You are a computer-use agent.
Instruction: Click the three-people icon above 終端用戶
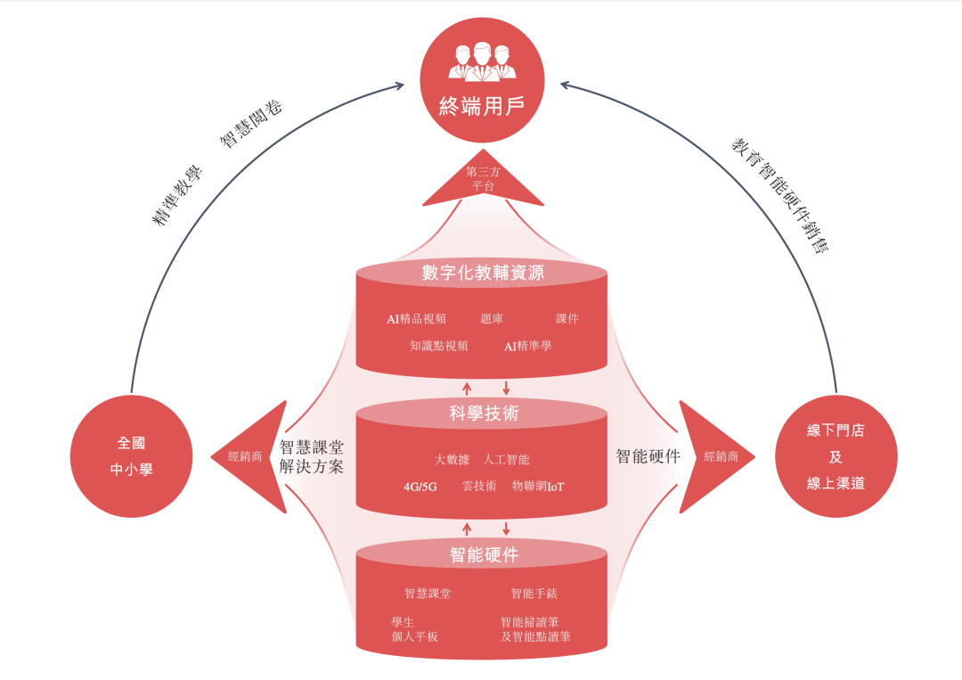[482, 60]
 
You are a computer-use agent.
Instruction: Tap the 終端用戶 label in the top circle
[482, 107]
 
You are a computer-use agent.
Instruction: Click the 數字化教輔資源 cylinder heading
[483, 274]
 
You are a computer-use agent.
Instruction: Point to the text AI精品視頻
[416, 318]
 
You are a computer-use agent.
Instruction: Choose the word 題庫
[491, 318]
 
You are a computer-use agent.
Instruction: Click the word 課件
[567, 318]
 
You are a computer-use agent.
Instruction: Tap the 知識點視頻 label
[438, 346]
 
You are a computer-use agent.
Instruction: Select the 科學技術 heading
[483, 414]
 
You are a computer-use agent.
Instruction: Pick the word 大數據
[452, 460]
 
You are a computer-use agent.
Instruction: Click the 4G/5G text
[420, 487]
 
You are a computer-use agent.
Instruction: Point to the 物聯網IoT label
[538, 487]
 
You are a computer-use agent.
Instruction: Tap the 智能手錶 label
[534, 594]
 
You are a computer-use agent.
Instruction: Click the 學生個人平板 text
[414, 629]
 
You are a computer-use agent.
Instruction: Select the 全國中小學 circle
[131, 456]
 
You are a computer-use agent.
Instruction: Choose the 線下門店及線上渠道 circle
[835, 456]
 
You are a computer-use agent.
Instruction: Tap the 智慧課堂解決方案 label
[312, 456]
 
